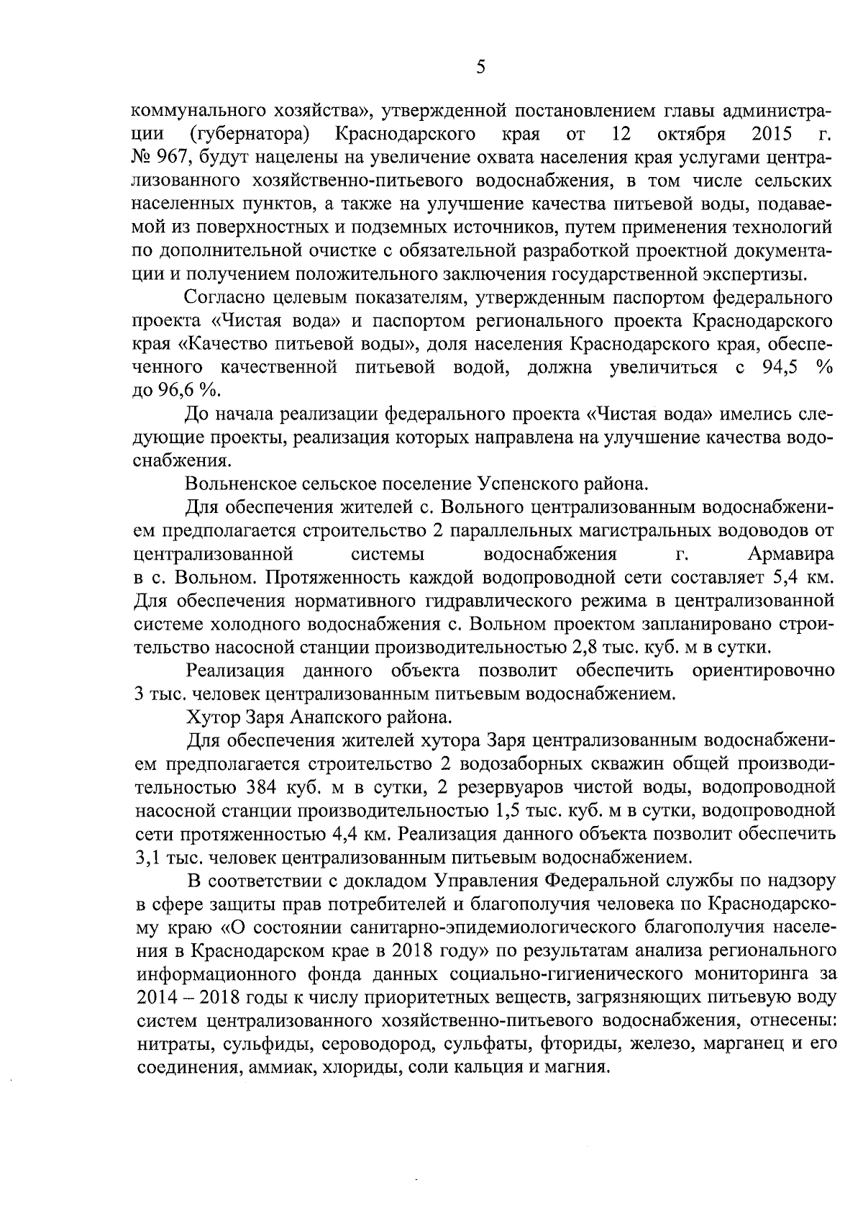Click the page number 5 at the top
[x=480, y=67]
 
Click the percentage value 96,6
[x=181, y=391]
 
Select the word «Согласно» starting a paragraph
[x=228, y=298]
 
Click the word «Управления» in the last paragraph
[x=485, y=880]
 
